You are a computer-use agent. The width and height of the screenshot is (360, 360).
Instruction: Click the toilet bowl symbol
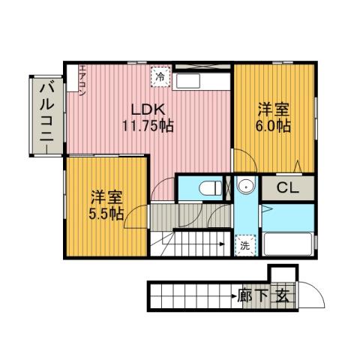211,185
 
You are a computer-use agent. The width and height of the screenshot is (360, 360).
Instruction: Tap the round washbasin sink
244,186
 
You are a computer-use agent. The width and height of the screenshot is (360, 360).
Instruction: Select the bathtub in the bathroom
289,244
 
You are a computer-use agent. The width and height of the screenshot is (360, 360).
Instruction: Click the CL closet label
288,187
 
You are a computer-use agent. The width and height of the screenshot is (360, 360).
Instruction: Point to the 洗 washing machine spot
244,244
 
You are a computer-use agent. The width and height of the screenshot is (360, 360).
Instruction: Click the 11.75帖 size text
148,125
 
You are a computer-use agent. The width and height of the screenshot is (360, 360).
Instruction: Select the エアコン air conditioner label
82,82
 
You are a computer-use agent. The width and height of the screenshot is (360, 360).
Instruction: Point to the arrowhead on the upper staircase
222,243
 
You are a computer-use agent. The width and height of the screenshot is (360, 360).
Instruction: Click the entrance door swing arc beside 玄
315,295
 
